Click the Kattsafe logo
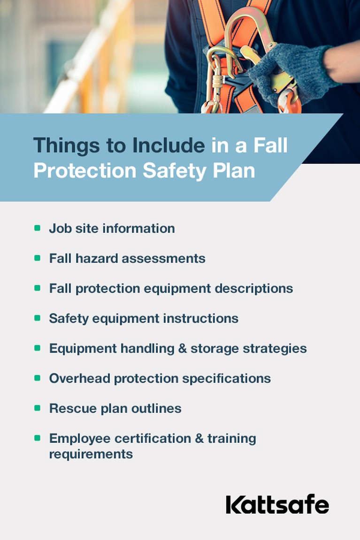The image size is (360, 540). (277, 505)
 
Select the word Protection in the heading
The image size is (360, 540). (84, 170)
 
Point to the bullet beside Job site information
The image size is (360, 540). (37, 228)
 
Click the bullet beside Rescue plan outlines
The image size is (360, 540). (37, 408)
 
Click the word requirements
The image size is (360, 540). (91, 454)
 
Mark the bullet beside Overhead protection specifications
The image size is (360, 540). (37, 378)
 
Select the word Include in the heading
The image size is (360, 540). (168, 146)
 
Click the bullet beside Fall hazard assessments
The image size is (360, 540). (37, 258)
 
